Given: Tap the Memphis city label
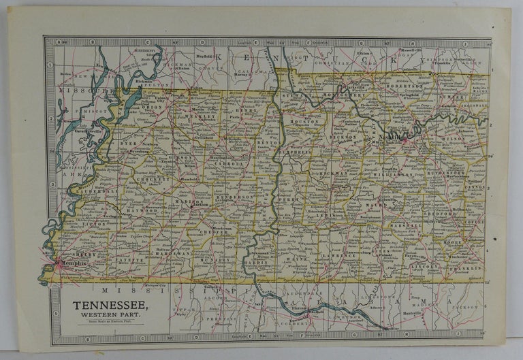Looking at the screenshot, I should tap(73, 263).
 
